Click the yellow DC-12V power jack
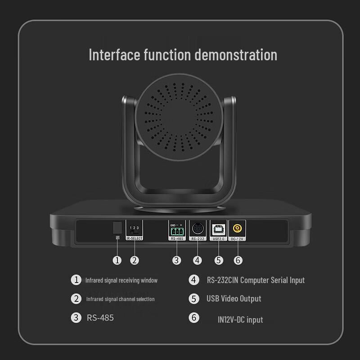236,228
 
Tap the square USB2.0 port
218,228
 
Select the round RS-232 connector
198,228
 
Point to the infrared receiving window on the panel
117,227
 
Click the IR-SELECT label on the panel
134,238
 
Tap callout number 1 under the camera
117,260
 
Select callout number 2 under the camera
134,260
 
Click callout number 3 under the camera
177,260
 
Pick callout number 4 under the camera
198,260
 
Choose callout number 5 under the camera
219,260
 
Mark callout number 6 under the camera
238,260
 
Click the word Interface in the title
114,54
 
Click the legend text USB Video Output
234,298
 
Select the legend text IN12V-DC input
240,319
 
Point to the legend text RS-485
100,318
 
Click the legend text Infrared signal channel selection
120,299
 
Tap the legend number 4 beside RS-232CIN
194,280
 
